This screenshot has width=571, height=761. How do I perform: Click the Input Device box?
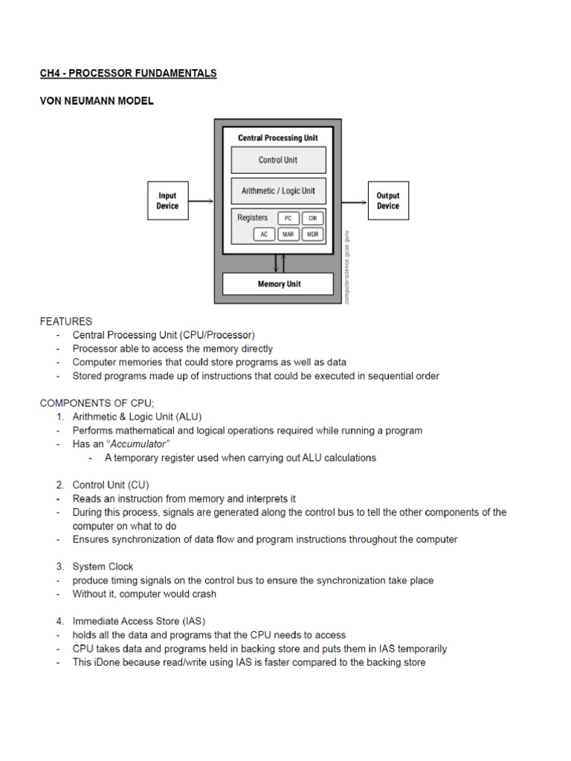tap(167, 201)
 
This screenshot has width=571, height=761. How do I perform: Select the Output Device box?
tap(387, 201)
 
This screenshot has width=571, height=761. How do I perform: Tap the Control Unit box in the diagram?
tap(278, 160)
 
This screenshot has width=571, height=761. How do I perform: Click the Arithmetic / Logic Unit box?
tap(278, 191)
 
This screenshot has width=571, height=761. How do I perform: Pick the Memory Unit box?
tap(278, 284)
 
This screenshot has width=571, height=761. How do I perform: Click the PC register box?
tap(288, 218)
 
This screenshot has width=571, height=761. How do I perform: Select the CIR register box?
tap(313, 218)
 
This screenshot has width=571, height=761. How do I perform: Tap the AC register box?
tap(263, 234)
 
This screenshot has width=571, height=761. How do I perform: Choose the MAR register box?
tap(288, 234)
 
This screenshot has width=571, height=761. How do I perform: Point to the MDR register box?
tap(313, 234)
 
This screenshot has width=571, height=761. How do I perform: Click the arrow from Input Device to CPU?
tap(201, 201)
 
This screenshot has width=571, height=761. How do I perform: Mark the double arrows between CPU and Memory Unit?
tap(278, 263)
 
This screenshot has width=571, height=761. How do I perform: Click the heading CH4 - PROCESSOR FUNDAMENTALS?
tap(128, 74)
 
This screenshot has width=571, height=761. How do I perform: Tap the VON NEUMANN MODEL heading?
tap(97, 101)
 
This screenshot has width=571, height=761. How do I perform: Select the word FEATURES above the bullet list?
tap(66, 322)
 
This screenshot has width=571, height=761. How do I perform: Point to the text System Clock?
tap(103, 567)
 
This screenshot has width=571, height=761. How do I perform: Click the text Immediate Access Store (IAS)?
tap(138, 621)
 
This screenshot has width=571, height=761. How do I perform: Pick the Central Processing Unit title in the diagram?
tap(278, 138)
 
